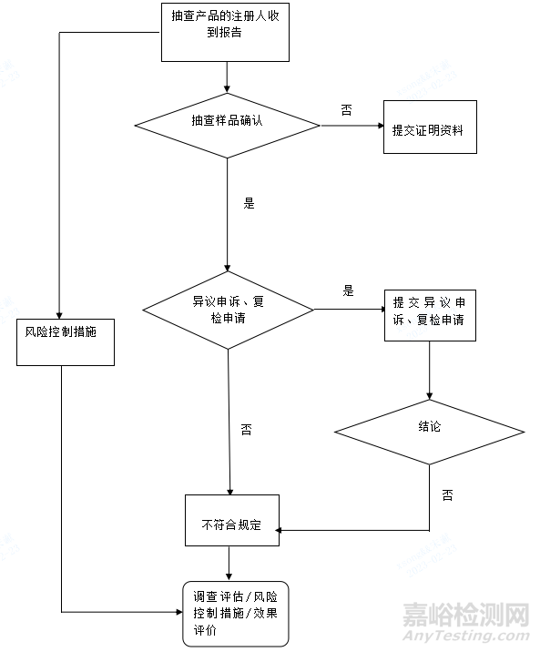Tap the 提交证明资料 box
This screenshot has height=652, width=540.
point(429,128)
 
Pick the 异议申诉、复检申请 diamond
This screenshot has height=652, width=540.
point(228,310)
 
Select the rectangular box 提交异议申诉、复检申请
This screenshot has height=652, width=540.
point(430,312)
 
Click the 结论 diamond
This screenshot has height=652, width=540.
point(429,427)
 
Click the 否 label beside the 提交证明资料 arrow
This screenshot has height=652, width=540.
point(347,110)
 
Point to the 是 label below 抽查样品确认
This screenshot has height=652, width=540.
point(249,204)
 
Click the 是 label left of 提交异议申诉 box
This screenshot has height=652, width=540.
point(347,292)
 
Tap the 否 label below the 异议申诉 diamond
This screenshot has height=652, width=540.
point(247,429)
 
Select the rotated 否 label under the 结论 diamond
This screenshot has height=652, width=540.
point(447,495)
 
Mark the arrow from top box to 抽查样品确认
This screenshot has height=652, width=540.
point(226,76)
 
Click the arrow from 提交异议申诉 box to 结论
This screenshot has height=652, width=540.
point(429,369)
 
